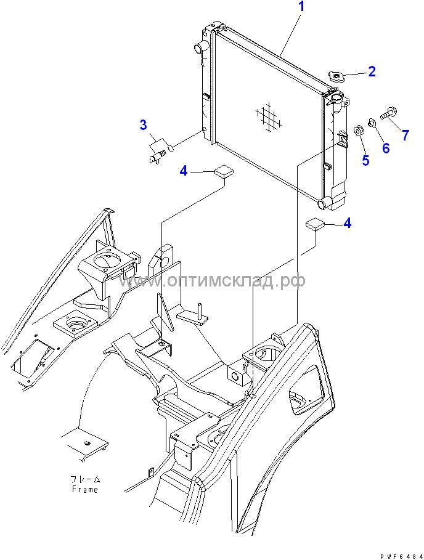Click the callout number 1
point(301,7)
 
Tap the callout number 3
point(143,126)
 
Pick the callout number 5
point(365,160)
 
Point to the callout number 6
point(386,148)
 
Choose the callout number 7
point(406,135)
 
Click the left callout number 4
point(184,171)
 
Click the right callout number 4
point(348,222)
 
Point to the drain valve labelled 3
point(157,150)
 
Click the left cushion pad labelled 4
point(222,171)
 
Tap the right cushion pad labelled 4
point(316,224)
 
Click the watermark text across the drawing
point(213,281)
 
